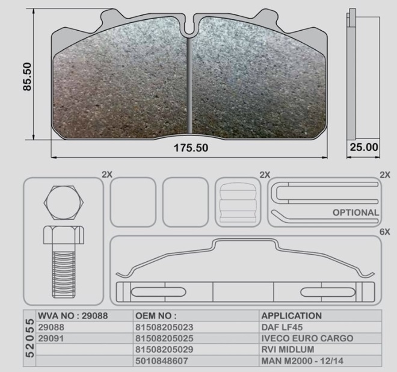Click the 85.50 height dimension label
27,76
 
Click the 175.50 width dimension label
191,147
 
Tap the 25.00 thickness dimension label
364,147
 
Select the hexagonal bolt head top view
64,203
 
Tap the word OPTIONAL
355,212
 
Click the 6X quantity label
384,232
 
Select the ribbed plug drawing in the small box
238,202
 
